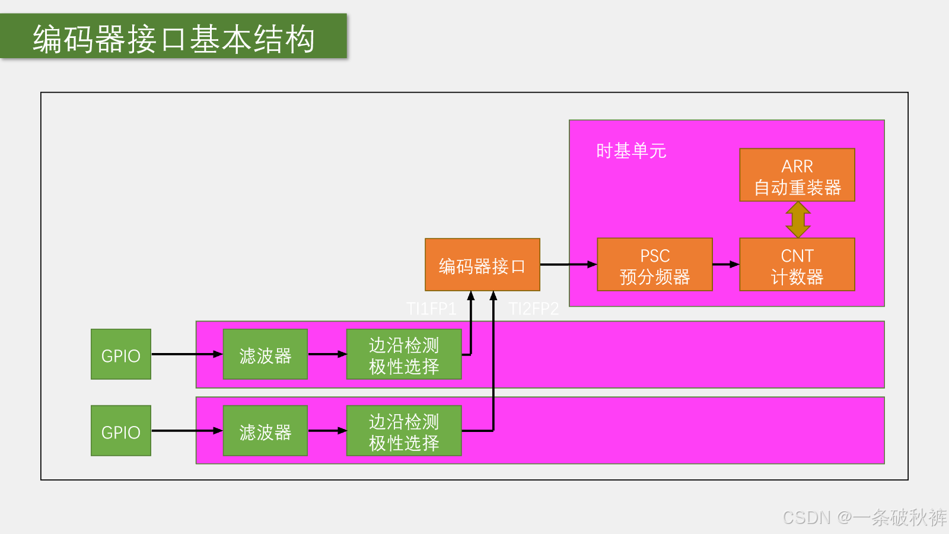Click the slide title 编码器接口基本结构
coord(174,39)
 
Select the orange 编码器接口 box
coord(483,265)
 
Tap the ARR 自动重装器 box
coord(797,175)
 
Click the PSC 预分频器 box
coord(655,265)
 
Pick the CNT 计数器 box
coord(797,265)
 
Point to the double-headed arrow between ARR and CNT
coord(798,220)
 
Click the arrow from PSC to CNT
coord(726,265)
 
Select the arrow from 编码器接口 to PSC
coord(569,265)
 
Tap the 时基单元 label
coord(631,151)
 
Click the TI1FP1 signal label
coord(431,309)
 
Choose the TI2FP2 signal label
coord(533,309)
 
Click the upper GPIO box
coord(121,354)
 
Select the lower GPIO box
coord(121,431)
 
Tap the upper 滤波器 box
coord(265,354)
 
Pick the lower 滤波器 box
coord(265,431)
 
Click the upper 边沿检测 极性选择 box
coord(404,354)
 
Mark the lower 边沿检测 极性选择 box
coord(404,431)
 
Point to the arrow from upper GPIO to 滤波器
coord(187,354)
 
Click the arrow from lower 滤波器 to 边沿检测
coord(327,431)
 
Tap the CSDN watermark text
coord(864,517)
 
